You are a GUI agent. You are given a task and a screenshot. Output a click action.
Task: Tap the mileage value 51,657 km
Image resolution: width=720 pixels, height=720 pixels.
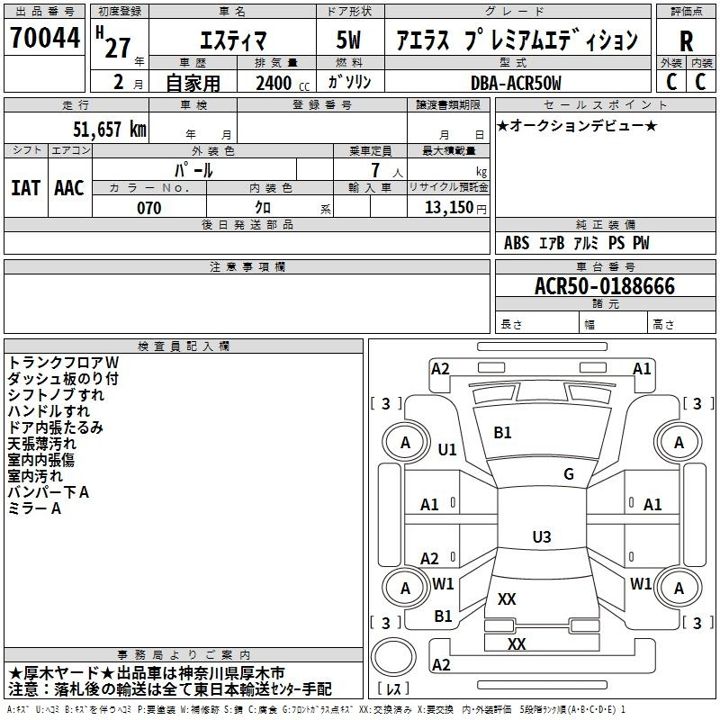click(x=99, y=130)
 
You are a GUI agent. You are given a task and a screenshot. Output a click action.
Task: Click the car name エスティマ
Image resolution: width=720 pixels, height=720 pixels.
click(x=232, y=40)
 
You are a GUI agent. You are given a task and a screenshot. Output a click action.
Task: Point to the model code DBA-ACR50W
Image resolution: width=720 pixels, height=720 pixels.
click(x=516, y=83)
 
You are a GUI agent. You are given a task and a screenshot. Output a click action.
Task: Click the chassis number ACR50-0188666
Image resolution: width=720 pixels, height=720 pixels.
click(x=604, y=286)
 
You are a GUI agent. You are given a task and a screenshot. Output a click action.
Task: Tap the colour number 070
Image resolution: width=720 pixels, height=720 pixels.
click(x=148, y=208)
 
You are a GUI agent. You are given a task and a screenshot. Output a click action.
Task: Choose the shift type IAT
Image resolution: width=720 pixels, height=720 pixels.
click(x=25, y=188)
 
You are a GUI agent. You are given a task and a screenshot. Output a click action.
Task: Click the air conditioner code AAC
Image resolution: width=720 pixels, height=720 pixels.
click(x=69, y=188)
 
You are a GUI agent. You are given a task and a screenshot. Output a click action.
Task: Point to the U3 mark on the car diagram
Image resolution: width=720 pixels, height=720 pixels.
click(x=541, y=537)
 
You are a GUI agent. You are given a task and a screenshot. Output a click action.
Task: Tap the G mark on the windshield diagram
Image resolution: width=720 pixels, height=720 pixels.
click(x=569, y=474)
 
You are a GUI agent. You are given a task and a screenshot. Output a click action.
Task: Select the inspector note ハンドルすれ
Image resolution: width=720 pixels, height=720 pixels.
click(x=49, y=411)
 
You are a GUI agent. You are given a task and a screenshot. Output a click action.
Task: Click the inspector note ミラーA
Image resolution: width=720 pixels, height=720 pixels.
click(x=34, y=508)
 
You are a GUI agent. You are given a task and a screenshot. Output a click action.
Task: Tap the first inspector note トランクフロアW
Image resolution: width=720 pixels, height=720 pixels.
click(x=63, y=363)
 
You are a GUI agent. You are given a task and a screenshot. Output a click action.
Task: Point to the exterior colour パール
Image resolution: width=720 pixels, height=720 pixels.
click(x=193, y=169)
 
